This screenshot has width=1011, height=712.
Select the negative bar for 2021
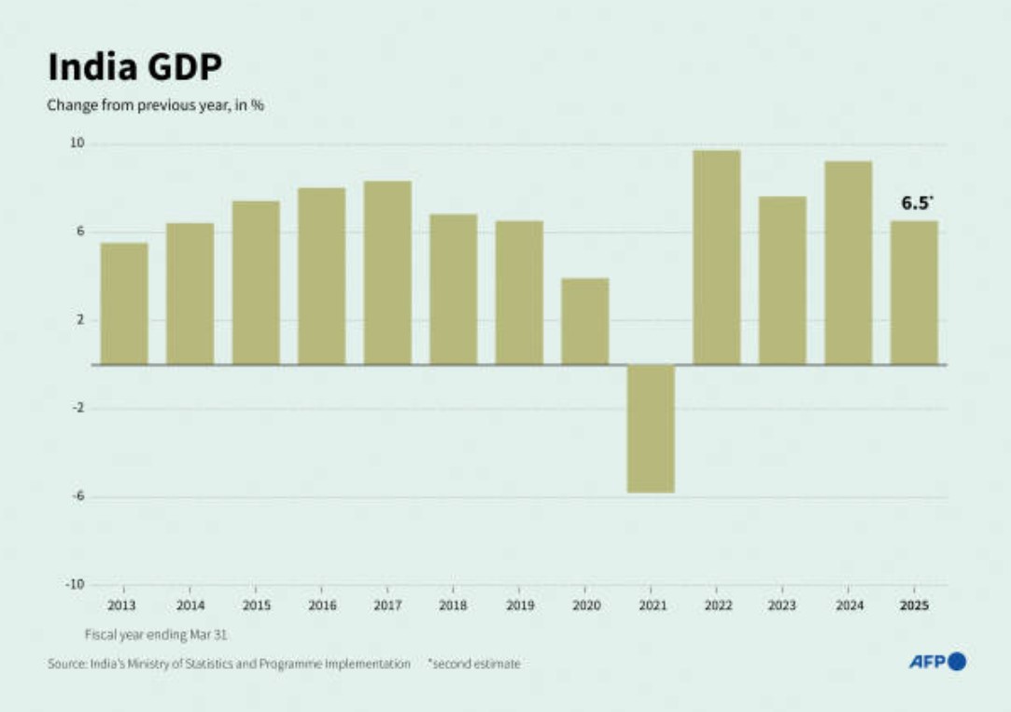(x=651, y=428)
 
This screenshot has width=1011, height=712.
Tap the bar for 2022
(x=716, y=258)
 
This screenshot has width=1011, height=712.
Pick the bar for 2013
(x=124, y=303)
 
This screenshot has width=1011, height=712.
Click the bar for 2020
(x=584, y=321)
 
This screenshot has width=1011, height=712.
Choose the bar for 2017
(x=387, y=272)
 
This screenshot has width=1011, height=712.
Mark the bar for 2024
(x=848, y=262)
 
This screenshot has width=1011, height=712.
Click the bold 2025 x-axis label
(x=914, y=606)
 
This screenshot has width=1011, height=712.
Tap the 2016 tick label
(x=321, y=606)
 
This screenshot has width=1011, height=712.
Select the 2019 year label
(x=519, y=606)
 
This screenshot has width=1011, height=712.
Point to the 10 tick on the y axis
(x=77, y=144)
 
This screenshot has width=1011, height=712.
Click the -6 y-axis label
(x=77, y=496)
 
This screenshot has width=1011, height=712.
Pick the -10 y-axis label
(x=76, y=584)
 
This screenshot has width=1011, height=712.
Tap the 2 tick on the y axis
(x=80, y=320)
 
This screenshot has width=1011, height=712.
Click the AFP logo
(x=936, y=662)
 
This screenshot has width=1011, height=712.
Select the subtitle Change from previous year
(x=156, y=105)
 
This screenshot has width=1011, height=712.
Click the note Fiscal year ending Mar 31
(x=157, y=635)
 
